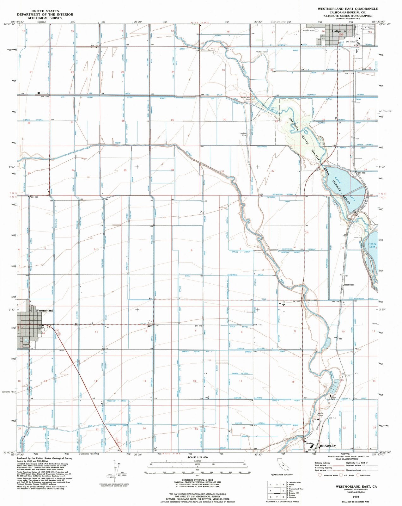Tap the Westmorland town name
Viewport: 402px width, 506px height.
point(45,311)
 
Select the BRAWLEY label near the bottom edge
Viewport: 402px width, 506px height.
point(328,446)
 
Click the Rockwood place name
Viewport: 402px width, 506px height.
point(349,285)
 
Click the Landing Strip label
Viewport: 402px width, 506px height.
point(243,134)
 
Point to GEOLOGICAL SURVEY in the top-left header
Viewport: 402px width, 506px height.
point(45,18)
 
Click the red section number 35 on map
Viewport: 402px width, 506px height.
point(125,170)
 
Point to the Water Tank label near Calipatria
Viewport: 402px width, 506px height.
point(262,52)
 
